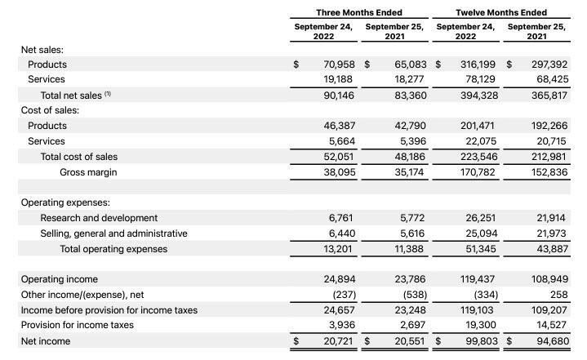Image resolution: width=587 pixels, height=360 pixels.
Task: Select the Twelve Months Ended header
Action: click(501, 12)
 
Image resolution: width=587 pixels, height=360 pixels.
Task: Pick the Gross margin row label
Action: click(87, 172)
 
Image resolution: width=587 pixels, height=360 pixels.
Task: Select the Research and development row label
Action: click(99, 218)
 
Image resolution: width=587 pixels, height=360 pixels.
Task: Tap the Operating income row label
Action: click(59, 279)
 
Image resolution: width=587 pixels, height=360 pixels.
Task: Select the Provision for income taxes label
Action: click(77, 326)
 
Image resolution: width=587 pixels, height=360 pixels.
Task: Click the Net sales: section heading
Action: click(42, 49)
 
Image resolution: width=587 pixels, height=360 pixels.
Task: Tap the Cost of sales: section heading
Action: click(50, 110)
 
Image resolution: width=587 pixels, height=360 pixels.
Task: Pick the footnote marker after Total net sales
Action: click(108, 94)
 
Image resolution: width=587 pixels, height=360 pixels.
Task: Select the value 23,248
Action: click(414, 310)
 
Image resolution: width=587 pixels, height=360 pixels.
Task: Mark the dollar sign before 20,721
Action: click(296, 341)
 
